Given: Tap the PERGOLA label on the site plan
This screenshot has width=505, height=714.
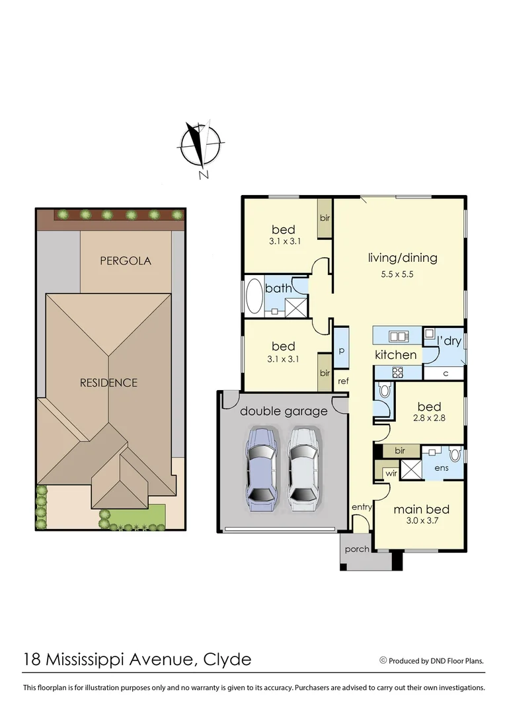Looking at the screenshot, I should (x=126, y=260).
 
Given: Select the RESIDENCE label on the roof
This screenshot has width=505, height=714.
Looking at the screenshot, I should (x=108, y=383).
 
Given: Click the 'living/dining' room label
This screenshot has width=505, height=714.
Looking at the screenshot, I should (x=403, y=258).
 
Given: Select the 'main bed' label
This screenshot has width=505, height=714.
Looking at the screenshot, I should (x=421, y=509).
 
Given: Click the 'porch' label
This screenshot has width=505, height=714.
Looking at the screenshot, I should (x=357, y=549).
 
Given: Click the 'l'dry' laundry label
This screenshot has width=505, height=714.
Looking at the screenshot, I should (x=449, y=341).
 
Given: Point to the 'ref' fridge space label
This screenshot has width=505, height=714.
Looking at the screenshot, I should (x=343, y=381).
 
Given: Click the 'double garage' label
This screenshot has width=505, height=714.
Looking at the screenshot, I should (x=284, y=411).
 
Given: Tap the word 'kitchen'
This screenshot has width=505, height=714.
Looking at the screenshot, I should (x=396, y=355).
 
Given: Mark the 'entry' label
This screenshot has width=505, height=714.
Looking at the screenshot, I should (x=362, y=507).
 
